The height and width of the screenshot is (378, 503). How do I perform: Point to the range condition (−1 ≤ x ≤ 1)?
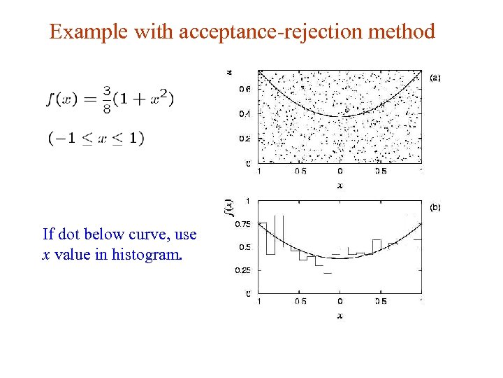click(96, 138)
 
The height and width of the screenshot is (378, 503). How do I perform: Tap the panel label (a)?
click(435, 77)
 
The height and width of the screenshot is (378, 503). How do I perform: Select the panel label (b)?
click(435, 207)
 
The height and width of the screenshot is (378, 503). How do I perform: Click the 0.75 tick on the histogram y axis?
click(242, 224)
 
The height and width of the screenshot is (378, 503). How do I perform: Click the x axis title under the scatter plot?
click(340, 185)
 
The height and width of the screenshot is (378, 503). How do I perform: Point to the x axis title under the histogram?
click(340, 316)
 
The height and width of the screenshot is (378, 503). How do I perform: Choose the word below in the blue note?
click(99, 234)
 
